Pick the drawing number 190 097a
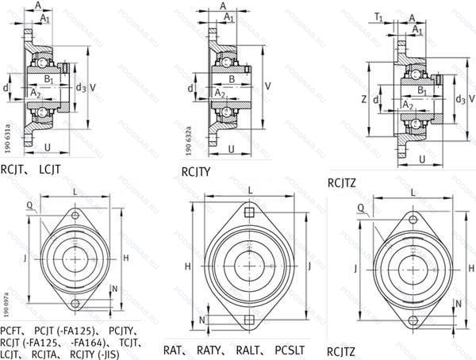pos(7,306)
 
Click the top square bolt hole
pos(249,212)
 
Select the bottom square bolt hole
pos(249,320)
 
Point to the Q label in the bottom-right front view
pos(361,208)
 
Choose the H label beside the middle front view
pos(188,266)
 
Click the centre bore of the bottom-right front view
pos(409,267)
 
